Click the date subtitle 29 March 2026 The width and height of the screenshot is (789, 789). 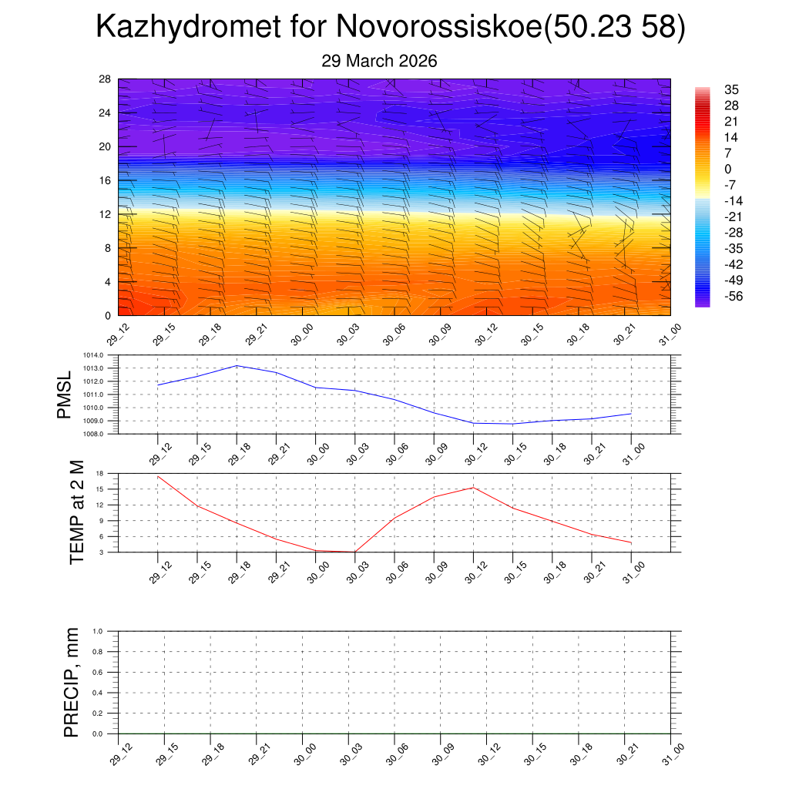point(379,61)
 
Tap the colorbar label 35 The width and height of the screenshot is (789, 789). point(731,89)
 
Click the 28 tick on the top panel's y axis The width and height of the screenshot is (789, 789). point(105,79)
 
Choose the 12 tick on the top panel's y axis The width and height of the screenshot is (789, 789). point(105,214)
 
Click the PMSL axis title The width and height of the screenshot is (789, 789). point(64,394)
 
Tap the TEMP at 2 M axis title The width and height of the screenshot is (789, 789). point(76,512)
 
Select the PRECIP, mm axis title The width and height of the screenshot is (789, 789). point(72,682)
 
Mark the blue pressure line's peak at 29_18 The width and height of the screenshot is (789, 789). point(237,365)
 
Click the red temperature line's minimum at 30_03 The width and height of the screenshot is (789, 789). point(355,552)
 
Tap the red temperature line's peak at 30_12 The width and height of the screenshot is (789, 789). point(473,487)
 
